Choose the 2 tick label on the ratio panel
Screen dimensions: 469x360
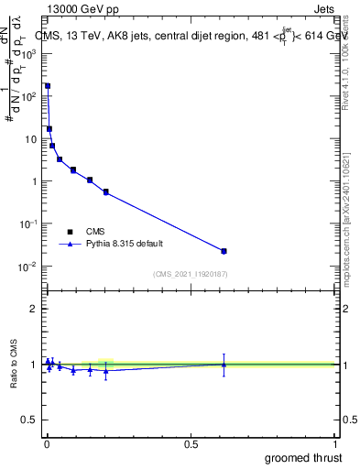pyautogui.click(x=34, y=309)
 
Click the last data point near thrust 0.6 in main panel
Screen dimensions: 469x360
pyautogui.click(x=224, y=251)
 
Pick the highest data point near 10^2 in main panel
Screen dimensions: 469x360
pyautogui.click(x=48, y=86)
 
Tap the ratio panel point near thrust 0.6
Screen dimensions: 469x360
pyautogui.click(x=224, y=365)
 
